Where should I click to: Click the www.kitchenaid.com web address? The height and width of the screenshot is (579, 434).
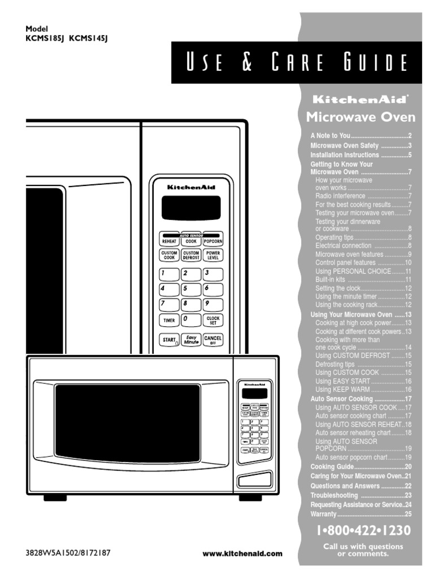pyautogui.click(x=242, y=554)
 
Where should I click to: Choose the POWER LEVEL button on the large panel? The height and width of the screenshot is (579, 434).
pyautogui.click(x=212, y=256)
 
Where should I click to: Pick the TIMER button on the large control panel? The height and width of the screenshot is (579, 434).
pyautogui.click(x=169, y=320)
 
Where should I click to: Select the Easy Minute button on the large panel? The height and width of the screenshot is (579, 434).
pyautogui.click(x=191, y=340)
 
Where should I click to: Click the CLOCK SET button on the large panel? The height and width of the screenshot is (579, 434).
pyautogui.click(x=212, y=320)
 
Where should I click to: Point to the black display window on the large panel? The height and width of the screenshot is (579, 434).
pyautogui.click(x=190, y=208)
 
